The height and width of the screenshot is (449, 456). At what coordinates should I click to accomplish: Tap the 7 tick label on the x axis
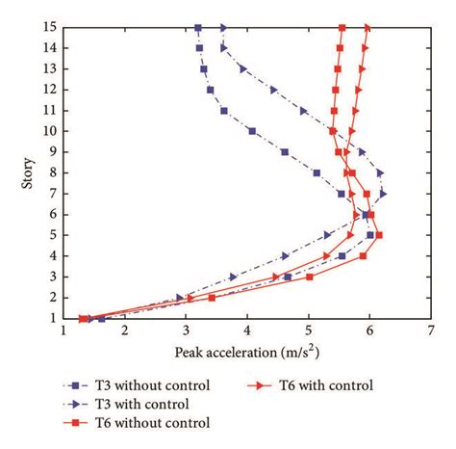click(430, 330)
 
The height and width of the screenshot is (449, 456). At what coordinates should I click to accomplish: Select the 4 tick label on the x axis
click(247, 330)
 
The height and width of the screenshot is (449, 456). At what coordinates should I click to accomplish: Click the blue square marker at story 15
click(198, 27)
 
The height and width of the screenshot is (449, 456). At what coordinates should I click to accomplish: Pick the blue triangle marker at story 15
click(224, 27)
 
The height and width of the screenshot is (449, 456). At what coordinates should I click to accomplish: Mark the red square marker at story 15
click(342, 27)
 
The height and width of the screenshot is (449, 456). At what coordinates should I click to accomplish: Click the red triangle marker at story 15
click(367, 27)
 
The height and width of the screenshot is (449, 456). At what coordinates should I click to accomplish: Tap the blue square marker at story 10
click(252, 131)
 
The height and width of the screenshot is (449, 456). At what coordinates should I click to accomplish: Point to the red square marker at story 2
click(212, 298)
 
